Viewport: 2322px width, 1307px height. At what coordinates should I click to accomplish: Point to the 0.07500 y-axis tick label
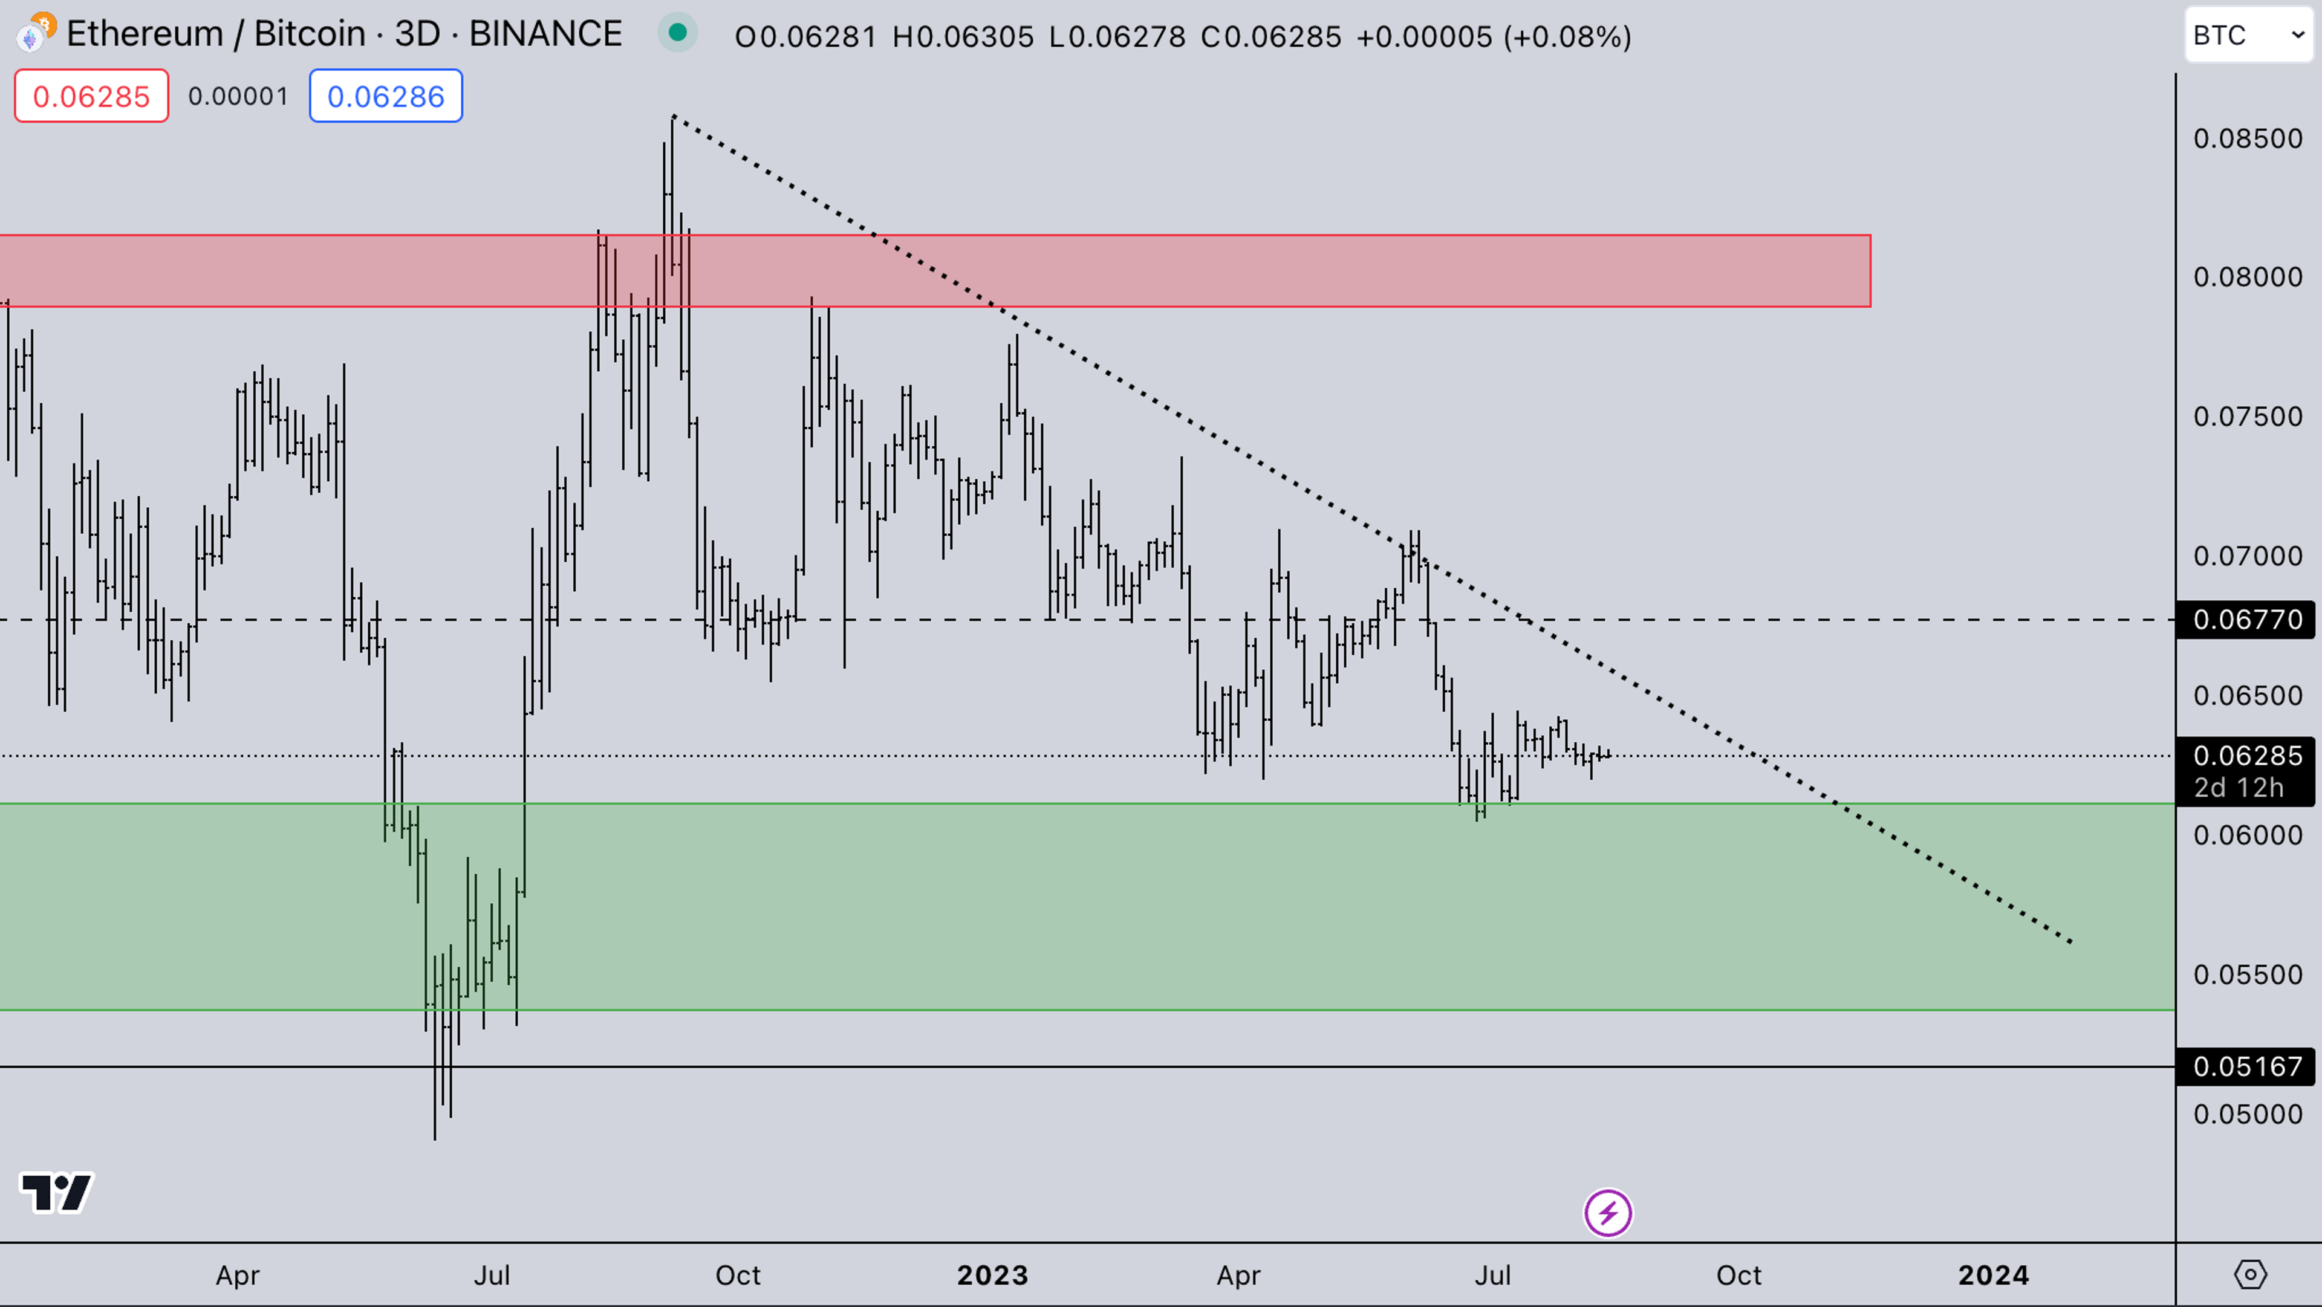pyautogui.click(x=2247, y=417)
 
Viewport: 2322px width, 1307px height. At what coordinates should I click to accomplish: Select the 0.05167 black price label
pyautogui.click(x=2246, y=1067)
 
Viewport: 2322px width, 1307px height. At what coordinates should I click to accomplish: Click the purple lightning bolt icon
pyautogui.click(x=1608, y=1213)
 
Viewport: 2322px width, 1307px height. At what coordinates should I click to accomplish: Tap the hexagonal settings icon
pyautogui.click(x=2250, y=1274)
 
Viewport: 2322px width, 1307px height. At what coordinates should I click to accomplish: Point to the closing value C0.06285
pyautogui.click(x=1271, y=37)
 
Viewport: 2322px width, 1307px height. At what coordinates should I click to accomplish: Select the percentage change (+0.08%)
pyautogui.click(x=1567, y=37)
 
